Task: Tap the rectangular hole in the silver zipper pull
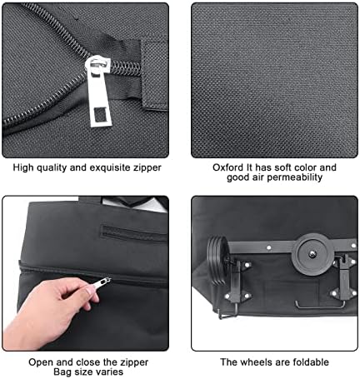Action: [100, 115]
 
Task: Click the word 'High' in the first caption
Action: [22, 167]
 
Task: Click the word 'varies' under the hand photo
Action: [110, 372]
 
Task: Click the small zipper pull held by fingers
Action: [102, 283]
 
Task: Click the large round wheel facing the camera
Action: [312, 254]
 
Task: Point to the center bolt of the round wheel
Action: [312, 253]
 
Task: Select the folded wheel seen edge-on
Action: [218, 260]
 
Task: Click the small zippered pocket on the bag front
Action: [132, 233]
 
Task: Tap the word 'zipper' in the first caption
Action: [147, 168]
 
